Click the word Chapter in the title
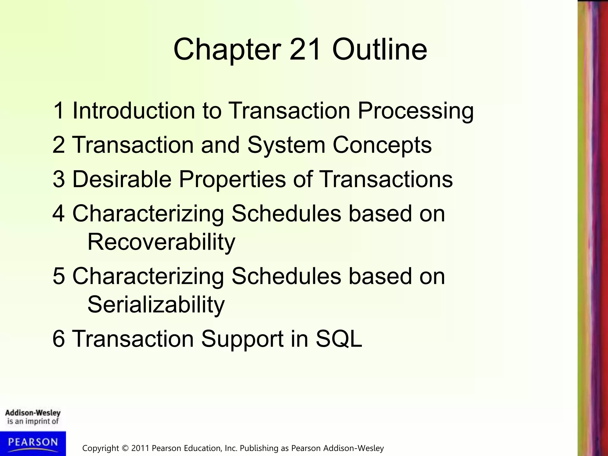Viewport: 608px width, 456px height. tap(227, 50)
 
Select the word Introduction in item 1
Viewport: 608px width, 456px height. tap(134, 110)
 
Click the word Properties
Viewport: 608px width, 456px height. tap(232, 180)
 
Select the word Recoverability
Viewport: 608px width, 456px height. tap(161, 242)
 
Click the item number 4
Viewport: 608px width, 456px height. tap(58, 213)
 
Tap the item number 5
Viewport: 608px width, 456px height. tap(58, 276)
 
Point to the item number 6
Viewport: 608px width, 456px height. tap(58, 339)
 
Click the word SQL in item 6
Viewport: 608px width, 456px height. tap(339, 339)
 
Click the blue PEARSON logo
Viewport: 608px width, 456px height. tap(33, 443)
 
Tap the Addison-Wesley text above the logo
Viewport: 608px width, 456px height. tap(33, 413)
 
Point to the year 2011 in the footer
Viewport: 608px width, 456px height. tap(140, 448)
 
